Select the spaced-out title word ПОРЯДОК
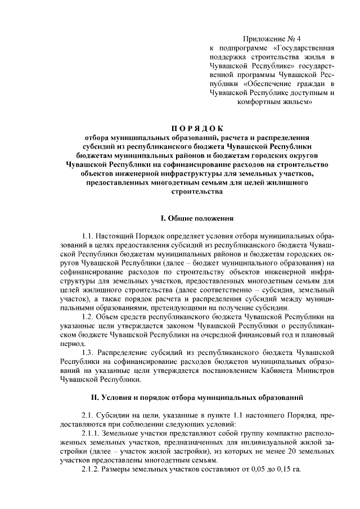[x=196, y=127]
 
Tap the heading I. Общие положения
[x=196, y=217]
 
